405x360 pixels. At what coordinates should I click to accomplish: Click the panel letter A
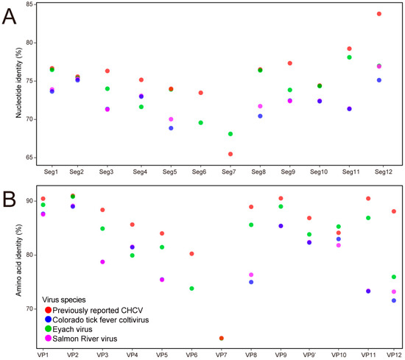pyautogui.click(x=10, y=16)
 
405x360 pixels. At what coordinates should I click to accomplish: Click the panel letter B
pyautogui.click(x=10, y=197)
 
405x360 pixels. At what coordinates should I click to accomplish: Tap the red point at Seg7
pyautogui.click(x=230, y=154)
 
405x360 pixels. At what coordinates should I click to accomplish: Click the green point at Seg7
pyautogui.click(x=230, y=134)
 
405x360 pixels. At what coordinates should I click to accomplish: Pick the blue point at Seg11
pyautogui.click(x=349, y=109)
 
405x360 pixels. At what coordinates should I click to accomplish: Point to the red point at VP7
pyautogui.click(x=221, y=338)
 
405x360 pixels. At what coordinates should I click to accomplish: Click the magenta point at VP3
pyautogui.click(x=102, y=262)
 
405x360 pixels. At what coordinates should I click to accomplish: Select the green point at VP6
pyautogui.click(x=191, y=289)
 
